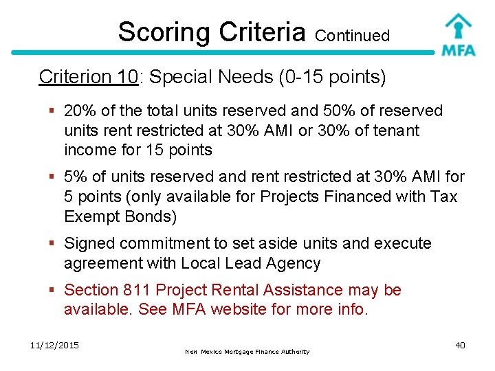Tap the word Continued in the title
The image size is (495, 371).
pos(353,35)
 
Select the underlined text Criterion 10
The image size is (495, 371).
pos(89,77)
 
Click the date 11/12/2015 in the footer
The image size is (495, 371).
pos(55,345)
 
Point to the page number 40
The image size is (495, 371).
pos(460,345)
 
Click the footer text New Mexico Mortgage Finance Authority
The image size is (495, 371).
pos(247,352)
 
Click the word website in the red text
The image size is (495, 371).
pos(236,309)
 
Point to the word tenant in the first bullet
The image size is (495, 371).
pos(393,130)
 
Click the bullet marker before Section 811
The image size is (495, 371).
pos(53,291)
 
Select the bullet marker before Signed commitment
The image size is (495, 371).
pos(53,244)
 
